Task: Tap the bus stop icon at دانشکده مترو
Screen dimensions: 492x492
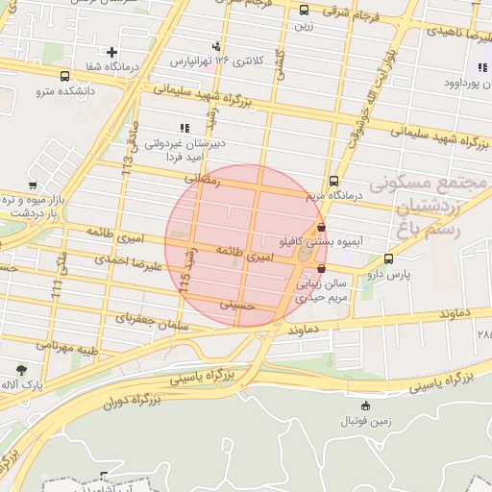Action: click(64, 76)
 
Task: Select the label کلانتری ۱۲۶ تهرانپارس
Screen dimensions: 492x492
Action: click(217, 61)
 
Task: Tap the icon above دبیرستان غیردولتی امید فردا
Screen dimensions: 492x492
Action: click(184, 128)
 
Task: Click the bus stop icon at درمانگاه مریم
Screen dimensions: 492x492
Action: click(333, 181)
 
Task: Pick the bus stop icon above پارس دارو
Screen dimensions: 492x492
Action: click(388, 258)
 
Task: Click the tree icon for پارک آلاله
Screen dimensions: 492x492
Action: click(21, 368)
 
